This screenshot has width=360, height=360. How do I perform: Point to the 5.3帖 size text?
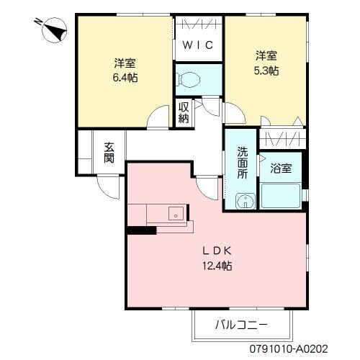pos(266,71)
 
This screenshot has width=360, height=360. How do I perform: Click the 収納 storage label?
pos(184,112)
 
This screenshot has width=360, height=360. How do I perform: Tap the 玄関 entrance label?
pos(109,153)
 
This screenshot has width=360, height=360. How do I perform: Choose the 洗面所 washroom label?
pos(243,165)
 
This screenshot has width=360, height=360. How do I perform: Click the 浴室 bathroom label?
pos(281,169)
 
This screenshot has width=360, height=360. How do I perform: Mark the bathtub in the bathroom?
pos(282,195)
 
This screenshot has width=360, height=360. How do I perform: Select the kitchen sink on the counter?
pos(175,213)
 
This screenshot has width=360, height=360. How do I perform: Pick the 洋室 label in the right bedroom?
pos(266,55)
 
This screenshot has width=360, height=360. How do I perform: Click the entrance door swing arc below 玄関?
pos(109,189)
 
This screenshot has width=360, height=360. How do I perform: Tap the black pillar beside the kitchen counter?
pos(142,230)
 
